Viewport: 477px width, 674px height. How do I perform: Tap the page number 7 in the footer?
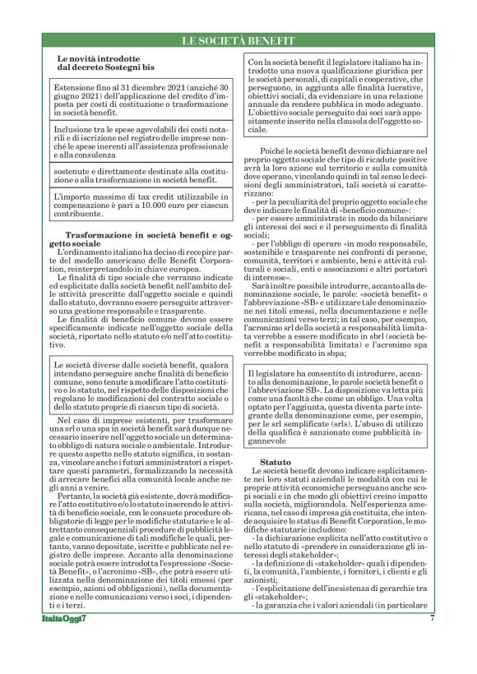(431, 642)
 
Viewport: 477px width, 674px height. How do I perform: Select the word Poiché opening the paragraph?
(273, 152)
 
